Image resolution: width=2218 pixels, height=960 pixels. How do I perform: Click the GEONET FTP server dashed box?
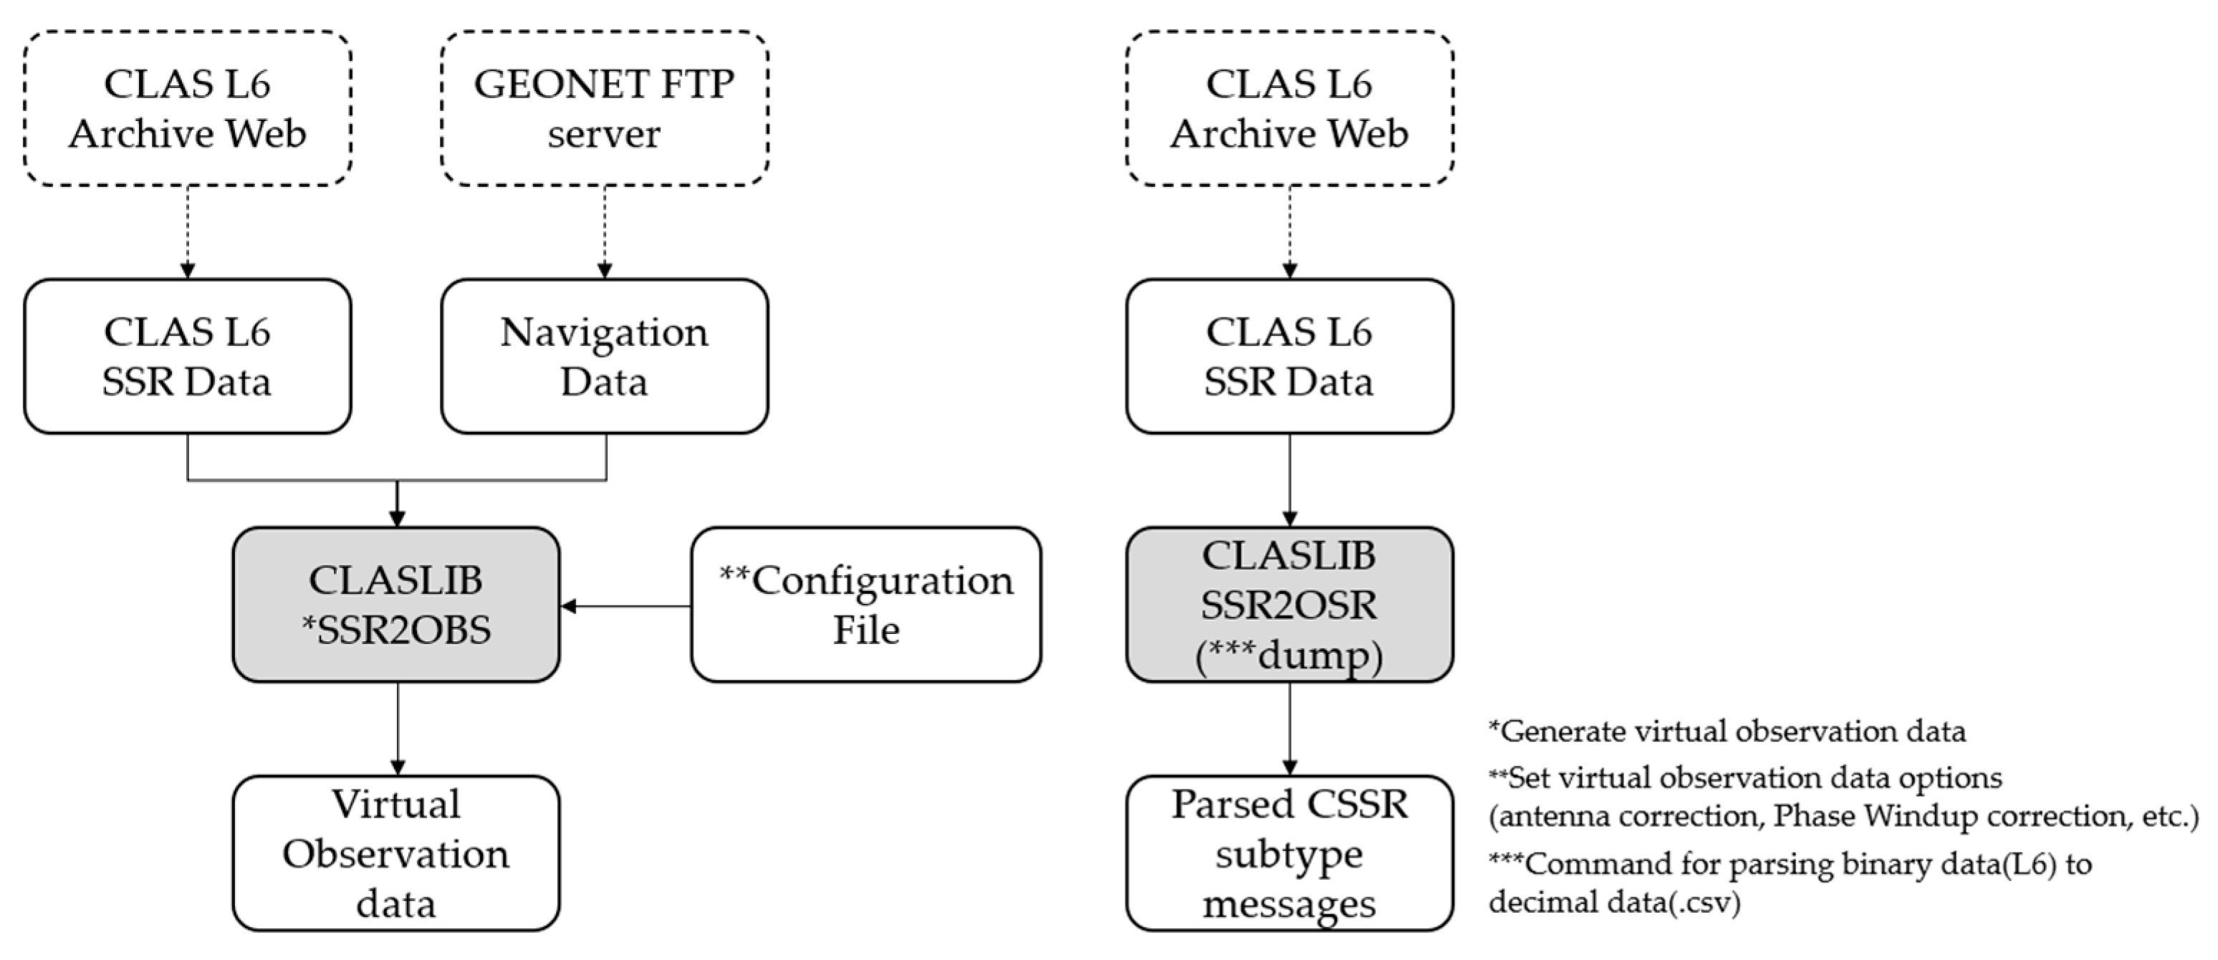click(x=605, y=108)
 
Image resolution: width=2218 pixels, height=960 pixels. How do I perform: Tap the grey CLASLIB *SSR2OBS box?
click(x=396, y=605)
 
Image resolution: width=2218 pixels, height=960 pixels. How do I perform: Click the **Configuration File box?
click(x=866, y=605)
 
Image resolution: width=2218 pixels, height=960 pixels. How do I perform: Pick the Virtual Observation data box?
click(x=396, y=853)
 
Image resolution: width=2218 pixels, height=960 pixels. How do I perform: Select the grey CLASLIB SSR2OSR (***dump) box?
click(x=1289, y=605)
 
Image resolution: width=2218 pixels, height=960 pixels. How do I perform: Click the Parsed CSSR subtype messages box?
click(x=1289, y=853)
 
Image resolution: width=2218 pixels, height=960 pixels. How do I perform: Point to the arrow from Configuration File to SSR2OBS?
click(x=626, y=606)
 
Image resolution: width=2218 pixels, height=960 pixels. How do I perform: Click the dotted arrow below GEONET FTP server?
click(x=605, y=231)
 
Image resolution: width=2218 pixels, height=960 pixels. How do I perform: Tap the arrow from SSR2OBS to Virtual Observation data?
click(x=398, y=729)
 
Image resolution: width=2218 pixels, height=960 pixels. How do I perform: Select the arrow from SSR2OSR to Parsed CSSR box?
click(x=1290, y=729)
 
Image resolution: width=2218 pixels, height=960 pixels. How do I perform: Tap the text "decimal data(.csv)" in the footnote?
click(x=1614, y=902)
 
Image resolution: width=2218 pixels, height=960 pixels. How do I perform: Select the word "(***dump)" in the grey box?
click(x=1289, y=656)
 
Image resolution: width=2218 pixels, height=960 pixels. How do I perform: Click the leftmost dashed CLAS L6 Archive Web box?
click(x=188, y=108)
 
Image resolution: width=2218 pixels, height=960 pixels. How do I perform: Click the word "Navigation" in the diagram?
click(x=605, y=333)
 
